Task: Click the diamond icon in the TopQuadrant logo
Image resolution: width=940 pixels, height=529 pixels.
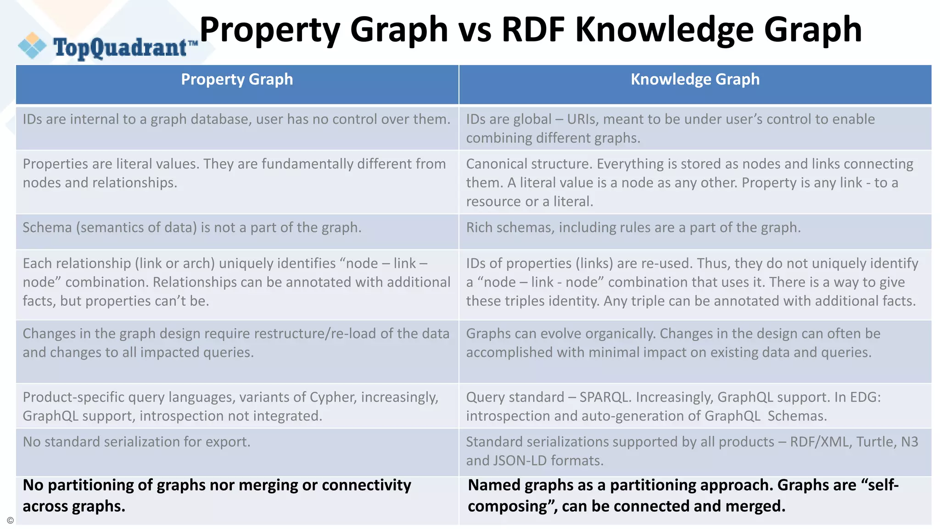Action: (32, 46)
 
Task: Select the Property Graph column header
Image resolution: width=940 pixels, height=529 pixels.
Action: (237, 79)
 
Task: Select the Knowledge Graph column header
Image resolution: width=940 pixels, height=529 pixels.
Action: (695, 79)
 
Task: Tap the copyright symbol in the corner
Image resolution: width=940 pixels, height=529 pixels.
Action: (10, 521)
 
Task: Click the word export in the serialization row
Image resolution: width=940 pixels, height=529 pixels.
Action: (228, 442)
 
